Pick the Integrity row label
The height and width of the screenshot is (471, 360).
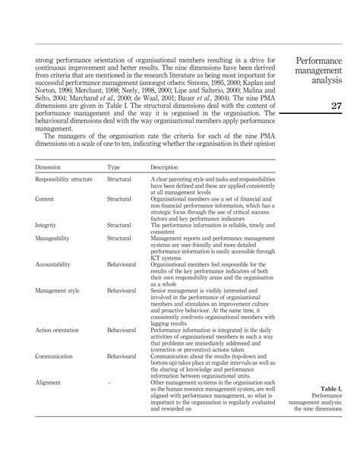46,225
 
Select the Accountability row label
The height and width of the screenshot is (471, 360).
55,264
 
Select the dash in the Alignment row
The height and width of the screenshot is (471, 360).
109,383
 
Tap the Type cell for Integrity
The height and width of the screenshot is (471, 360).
119,225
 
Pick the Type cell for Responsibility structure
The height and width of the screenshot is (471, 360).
119,179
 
